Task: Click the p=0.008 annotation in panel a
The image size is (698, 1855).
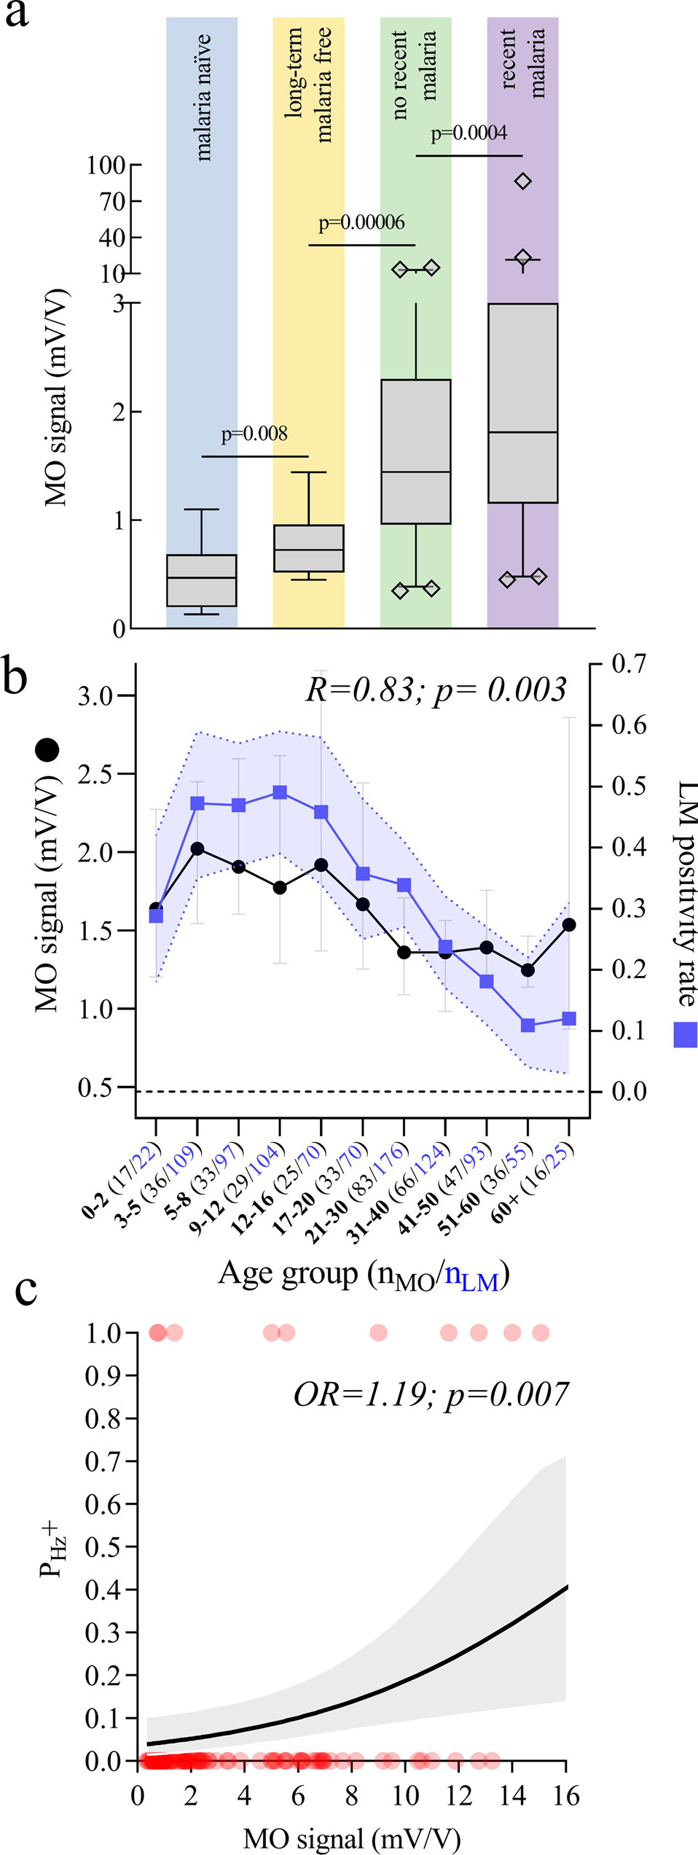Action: click(254, 434)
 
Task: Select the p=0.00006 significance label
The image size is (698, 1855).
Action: click(361, 222)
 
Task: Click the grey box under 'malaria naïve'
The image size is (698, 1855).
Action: click(202, 580)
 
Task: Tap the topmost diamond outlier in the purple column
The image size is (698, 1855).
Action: click(522, 181)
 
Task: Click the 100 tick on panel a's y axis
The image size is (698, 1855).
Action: click(106, 165)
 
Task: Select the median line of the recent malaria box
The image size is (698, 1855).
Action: click(522, 432)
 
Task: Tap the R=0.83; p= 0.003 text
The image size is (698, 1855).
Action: click(435, 690)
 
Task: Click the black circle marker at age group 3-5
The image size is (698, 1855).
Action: click(197, 848)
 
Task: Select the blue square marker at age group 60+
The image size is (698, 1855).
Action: click(569, 1018)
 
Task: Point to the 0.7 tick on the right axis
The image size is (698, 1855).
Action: click(629, 664)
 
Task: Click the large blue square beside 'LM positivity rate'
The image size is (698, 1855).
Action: click(685, 1034)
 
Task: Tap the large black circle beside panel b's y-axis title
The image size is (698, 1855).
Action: click(47, 749)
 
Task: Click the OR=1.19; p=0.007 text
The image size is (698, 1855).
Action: click(430, 1394)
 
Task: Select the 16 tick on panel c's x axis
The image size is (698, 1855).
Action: click(566, 1795)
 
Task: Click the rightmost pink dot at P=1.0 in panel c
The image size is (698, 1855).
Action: click(540, 1332)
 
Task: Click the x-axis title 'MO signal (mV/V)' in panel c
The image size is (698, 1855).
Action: click(352, 1838)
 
